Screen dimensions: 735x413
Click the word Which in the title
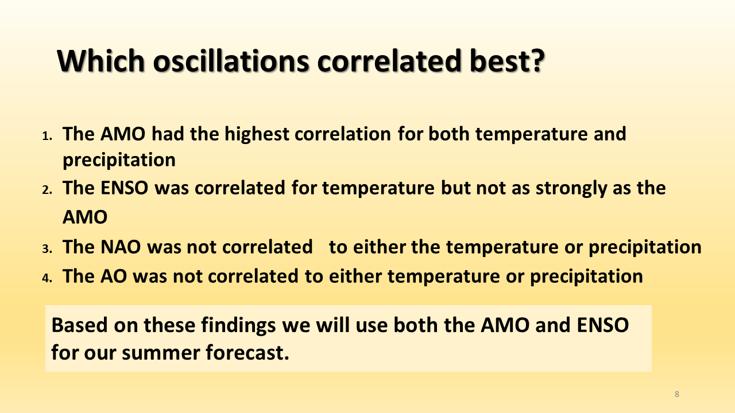pyautogui.click(x=101, y=61)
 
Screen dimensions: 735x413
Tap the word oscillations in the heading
pyautogui.click(x=231, y=61)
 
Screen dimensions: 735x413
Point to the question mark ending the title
pyautogui.click(x=537, y=61)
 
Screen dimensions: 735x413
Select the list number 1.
pyautogui.click(x=47, y=136)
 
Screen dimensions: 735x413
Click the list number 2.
pyautogui.click(x=47, y=190)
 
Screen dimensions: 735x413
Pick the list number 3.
pyautogui.click(x=47, y=248)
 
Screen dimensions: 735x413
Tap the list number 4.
pyautogui.click(x=47, y=278)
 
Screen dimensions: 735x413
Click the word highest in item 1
pyautogui.click(x=257, y=135)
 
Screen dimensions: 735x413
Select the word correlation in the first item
pyautogui.click(x=343, y=134)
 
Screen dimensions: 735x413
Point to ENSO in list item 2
pyautogui.click(x=125, y=188)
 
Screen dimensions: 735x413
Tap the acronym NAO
pyautogui.click(x=121, y=247)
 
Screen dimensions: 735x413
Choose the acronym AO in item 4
pyautogui.click(x=114, y=276)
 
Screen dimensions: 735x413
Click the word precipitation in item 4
pyautogui.click(x=586, y=277)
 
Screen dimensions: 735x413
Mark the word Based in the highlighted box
pyautogui.click(x=79, y=325)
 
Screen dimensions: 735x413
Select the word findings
pyautogui.click(x=238, y=326)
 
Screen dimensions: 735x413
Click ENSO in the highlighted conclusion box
pyautogui.click(x=603, y=325)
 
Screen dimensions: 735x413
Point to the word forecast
pyautogui.click(x=247, y=353)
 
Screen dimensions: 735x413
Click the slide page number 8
pyautogui.click(x=677, y=394)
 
